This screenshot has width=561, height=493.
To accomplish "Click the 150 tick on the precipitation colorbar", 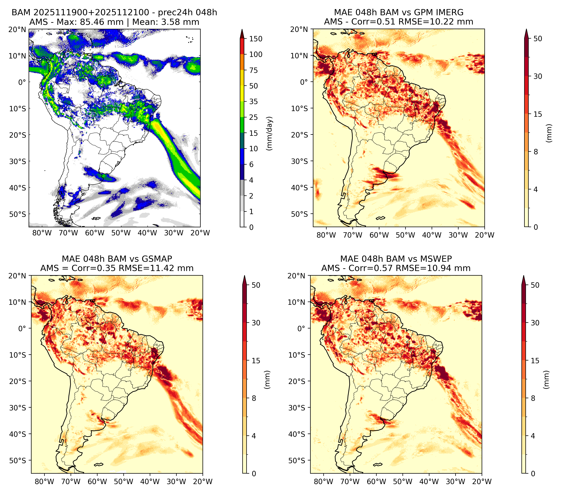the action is [x=255, y=39].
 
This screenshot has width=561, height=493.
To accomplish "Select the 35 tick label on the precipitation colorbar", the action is [x=253, y=101].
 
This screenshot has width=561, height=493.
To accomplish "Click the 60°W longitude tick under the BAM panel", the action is [x=95, y=233].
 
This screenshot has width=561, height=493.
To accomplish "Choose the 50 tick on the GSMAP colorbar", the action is [x=256, y=285].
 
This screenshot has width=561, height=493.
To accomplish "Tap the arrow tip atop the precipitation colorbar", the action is [x=242, y=29].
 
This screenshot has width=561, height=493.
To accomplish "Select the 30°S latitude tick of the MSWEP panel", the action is [x=297, y=408].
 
